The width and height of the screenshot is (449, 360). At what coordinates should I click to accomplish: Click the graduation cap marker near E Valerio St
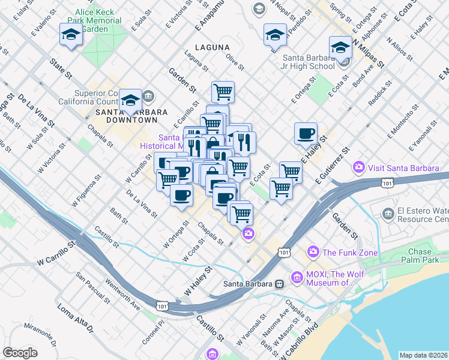[70, 35]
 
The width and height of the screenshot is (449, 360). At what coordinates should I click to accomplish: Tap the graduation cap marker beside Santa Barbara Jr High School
[340, 47]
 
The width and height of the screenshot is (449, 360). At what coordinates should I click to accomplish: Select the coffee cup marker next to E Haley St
[306, 133]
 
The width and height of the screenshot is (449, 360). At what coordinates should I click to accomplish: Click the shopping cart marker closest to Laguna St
[223, 92]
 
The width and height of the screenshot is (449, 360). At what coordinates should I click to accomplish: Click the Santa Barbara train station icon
[279, 284]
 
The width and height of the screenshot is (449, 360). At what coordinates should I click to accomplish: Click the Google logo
[20, 352]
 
